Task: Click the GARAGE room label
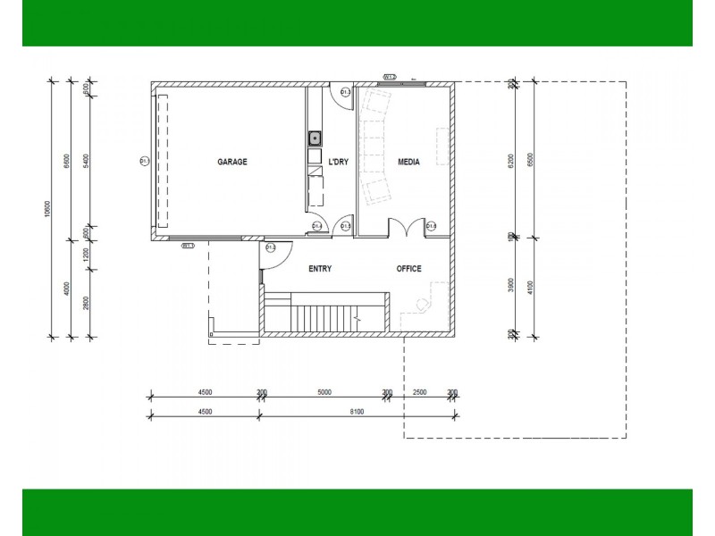tap(232, 162)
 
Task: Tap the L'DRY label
tap(338, 162)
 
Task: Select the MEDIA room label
tap(408, 162)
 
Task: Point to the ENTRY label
tap(320, 268)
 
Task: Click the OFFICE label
tap(409, 268)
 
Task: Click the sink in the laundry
tap(315, 138)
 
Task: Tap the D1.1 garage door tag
tap(144, 162)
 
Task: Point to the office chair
tap(421, 304)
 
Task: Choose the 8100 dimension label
tap(356, 412)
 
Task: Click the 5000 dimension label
tap(324, 392)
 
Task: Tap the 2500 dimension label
tap(420, 392)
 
